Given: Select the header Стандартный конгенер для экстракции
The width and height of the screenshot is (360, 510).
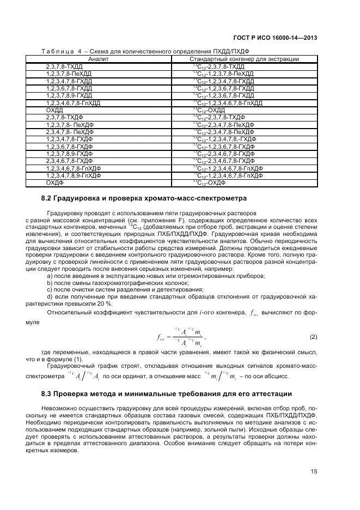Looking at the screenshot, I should [x=244, y=59].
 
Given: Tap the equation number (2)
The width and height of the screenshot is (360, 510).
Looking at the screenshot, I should [x=313, y=337].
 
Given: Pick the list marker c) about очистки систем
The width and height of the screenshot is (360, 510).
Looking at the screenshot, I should [x=50, y=289].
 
